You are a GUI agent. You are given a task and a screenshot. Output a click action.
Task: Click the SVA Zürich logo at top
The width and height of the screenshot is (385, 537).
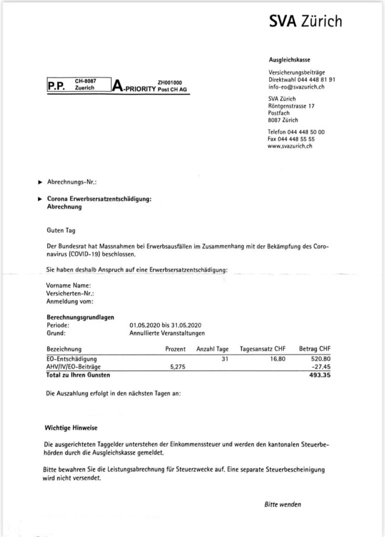click(x=305, y=20)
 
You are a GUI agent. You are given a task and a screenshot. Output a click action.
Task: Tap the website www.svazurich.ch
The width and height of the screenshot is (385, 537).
click(x=290, y=146)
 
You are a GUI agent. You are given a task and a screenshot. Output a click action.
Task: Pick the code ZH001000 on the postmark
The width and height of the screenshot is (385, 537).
click(x=169, y=82)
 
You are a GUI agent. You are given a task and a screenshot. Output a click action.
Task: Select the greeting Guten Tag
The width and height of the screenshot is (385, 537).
click(x=61, y=230)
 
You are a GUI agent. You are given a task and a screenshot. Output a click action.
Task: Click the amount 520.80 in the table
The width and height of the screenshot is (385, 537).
click(x=320, y=359)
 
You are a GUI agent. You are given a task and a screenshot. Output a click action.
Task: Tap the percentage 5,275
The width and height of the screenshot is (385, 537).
click(x=179, y=368)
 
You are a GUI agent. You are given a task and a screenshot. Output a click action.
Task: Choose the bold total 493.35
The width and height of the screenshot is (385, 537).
click(x=320, y=375)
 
